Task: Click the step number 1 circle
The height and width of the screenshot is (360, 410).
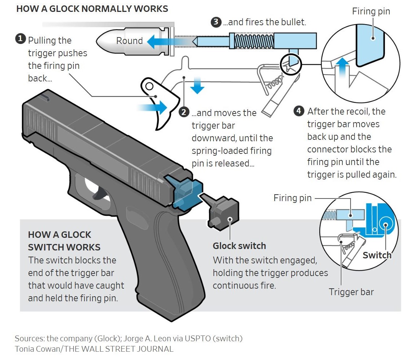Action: (20, 39)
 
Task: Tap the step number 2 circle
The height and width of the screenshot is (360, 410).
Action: (184, 112)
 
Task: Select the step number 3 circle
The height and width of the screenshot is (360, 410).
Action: (215, 22)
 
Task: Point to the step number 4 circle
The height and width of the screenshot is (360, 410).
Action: (299, 111)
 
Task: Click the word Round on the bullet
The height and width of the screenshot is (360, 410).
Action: (129, 41)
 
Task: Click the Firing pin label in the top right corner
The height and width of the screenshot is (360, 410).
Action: (371, 11)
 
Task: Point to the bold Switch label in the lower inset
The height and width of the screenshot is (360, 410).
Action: (377, 255)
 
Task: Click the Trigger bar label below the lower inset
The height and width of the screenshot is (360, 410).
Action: (351, 292)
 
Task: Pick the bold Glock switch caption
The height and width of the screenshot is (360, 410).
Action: (239, 246)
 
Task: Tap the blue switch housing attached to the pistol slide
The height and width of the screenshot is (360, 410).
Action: (185, 191)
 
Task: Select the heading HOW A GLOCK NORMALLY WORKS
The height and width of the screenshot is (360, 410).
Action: (92, 9)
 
